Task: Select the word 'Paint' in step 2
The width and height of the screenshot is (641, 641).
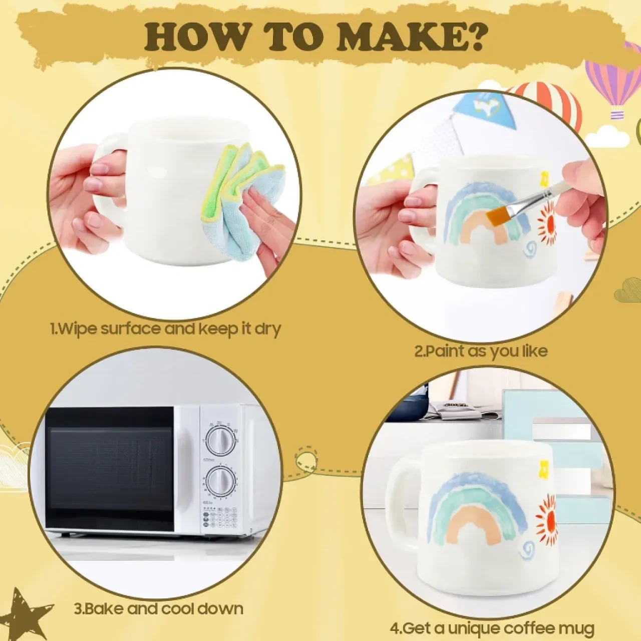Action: (x=445, y=352)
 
